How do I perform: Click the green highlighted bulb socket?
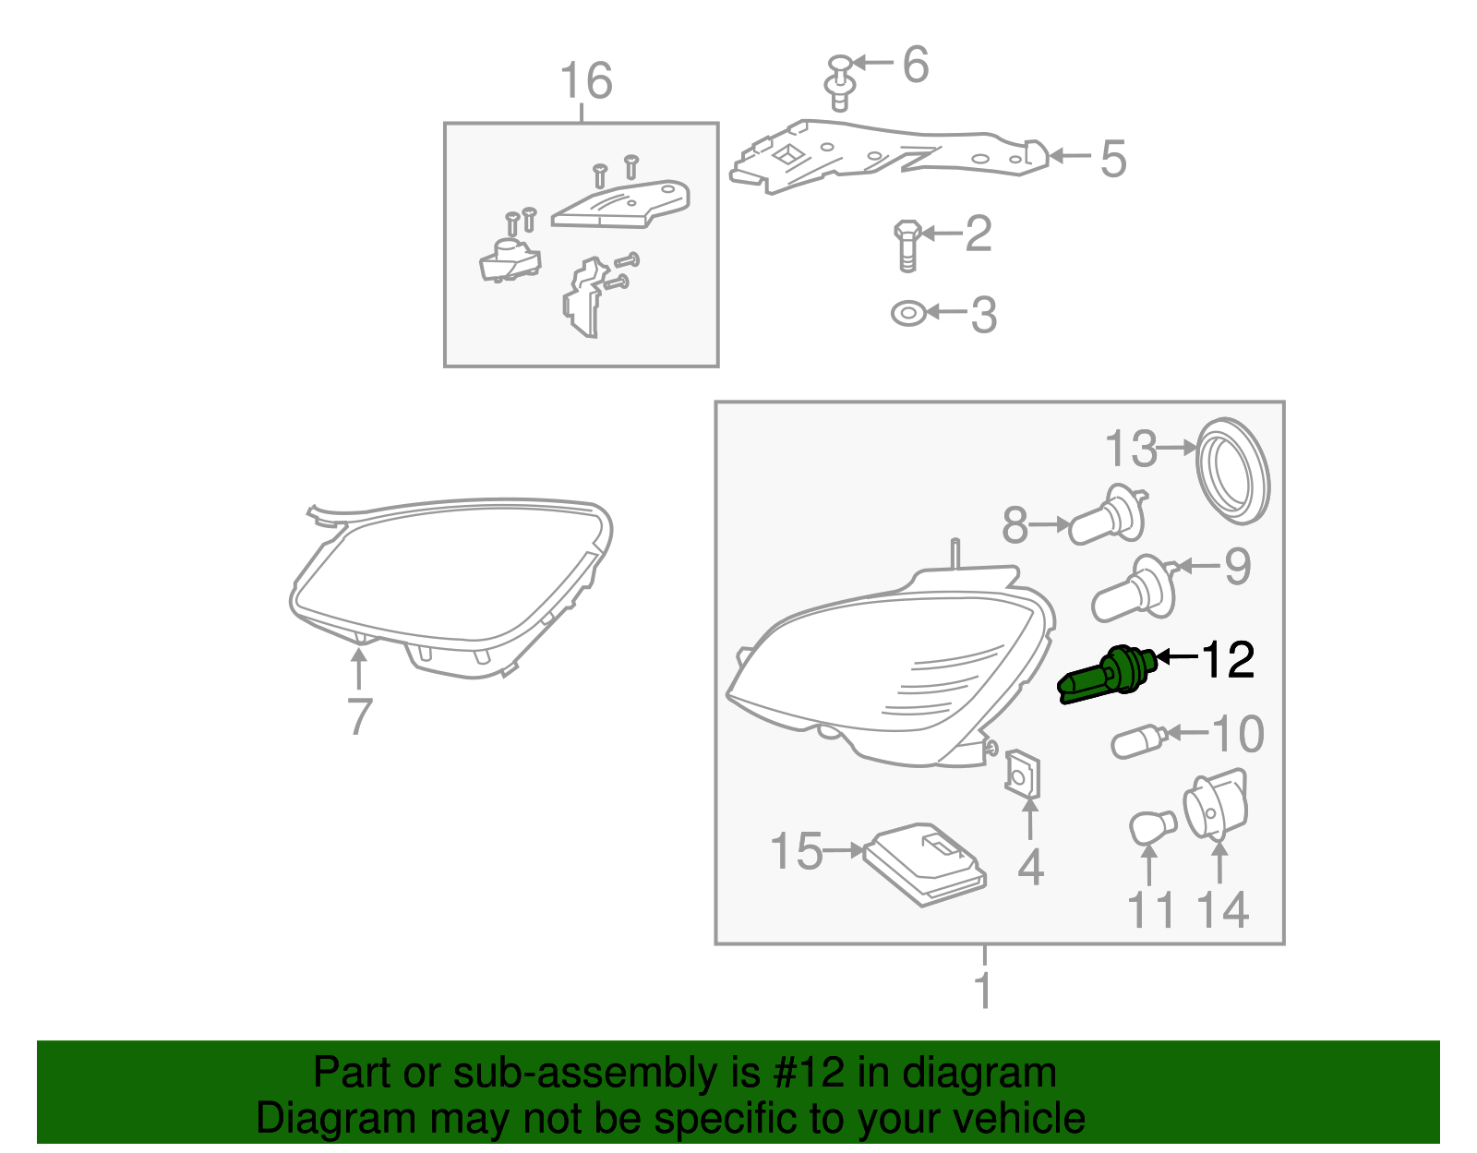(x=1108, y=676)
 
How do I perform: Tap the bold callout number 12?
(x=1228, y=660)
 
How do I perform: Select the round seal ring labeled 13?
(x=1232, y=471)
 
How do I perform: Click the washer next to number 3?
(x=908, y=313)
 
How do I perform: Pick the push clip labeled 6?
(x=839, y=81)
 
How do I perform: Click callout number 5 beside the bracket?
(x=1113, y=159)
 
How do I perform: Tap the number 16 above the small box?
(x=586, y=81)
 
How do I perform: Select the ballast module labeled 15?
(x=926, y=863)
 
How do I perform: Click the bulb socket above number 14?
(x=1216, y=805)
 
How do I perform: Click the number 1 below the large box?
(x=984, y=990)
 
